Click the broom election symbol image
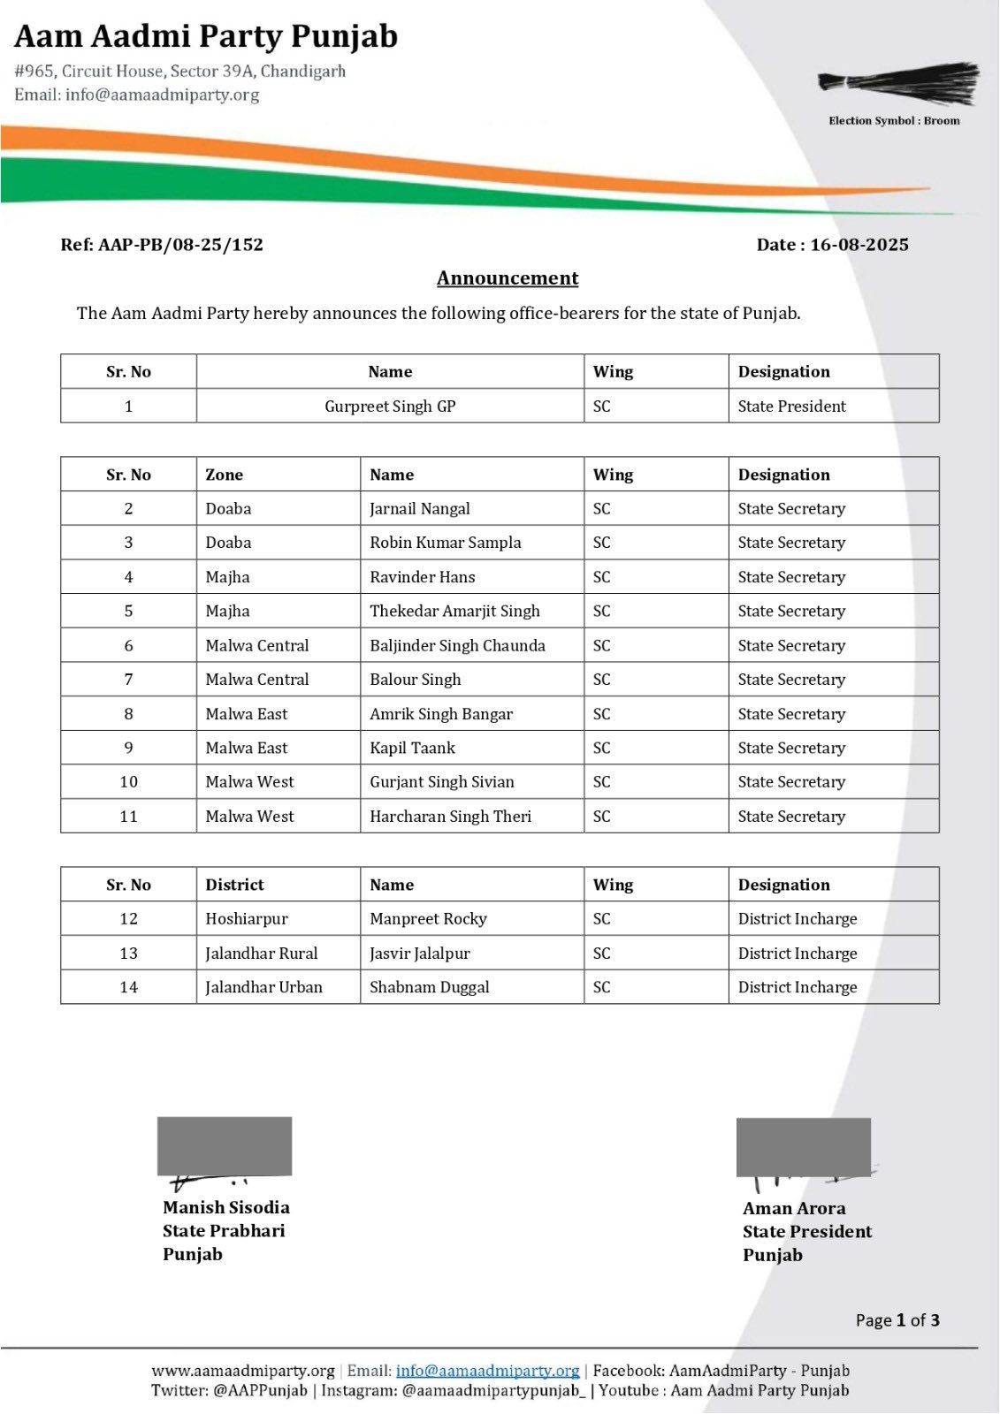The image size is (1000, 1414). click(x=898, y=83)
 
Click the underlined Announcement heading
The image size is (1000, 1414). click(x=508, y=278)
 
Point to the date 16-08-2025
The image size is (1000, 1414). click(x=859, y=245)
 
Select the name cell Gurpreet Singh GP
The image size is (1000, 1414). click(x=390, y=407)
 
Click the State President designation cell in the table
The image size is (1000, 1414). click(x=791, y=407)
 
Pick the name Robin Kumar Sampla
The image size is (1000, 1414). click(x=445, y=543)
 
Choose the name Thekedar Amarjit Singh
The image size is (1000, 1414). click(x=454, y=611)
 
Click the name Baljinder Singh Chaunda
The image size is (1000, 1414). click(x=457, y=645)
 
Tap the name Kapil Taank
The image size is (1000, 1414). click(x=412, y=748)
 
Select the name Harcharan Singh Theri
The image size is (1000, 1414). click(x=450, y=817)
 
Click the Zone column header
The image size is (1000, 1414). click(x=225, y=475)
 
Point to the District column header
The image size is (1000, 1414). click(x=234, y=885)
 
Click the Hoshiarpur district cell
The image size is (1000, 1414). click(x=247, y=919)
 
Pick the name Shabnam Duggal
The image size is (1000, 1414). click(x=429, y=987)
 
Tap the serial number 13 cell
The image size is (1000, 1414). click(x=128, y=954)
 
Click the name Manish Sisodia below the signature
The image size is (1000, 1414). click(x=225, y=1207)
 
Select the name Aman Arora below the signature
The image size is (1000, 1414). click(x=794, y=1208)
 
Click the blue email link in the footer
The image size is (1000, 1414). click(x=487, y=1371)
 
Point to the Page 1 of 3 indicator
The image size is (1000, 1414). click(x=897, y=1320)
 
